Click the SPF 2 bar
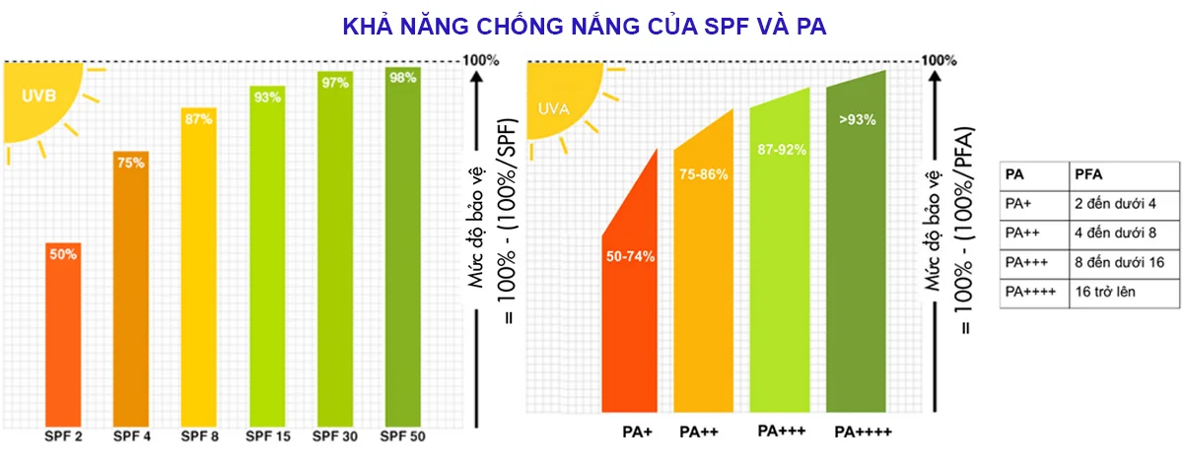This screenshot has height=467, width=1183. (x=63, y=335)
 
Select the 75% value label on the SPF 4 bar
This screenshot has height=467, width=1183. (x=130, y=163)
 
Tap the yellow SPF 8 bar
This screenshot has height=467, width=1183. (x=198, y=267)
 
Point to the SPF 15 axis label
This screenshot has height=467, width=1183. (x=268, y=436)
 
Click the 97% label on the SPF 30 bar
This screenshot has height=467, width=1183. (x=335, y=83)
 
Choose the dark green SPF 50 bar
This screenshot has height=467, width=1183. (x=403, y=246)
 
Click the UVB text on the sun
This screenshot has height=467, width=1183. (x=38, y=96)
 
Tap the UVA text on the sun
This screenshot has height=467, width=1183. (x=553, y=109)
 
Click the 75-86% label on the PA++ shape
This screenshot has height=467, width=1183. (x=704, y=174)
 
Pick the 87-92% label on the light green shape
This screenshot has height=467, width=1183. (x=782, y=150)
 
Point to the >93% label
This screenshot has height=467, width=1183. (x=857, y=120)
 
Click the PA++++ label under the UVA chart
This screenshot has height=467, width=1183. (x=863, y=433)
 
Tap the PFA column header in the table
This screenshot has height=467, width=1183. (x=1088, y=174)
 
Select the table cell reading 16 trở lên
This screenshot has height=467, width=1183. (x=1105, y=292)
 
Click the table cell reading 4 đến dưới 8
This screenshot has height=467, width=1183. (x=1115, y=233)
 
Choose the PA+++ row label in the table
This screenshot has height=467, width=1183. (x=1026, y=262)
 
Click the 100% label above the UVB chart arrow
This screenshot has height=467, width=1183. (x=481, y=60)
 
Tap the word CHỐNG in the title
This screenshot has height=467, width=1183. (x=521, y=27)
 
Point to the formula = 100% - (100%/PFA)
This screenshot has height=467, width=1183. (x=964, y=232)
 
